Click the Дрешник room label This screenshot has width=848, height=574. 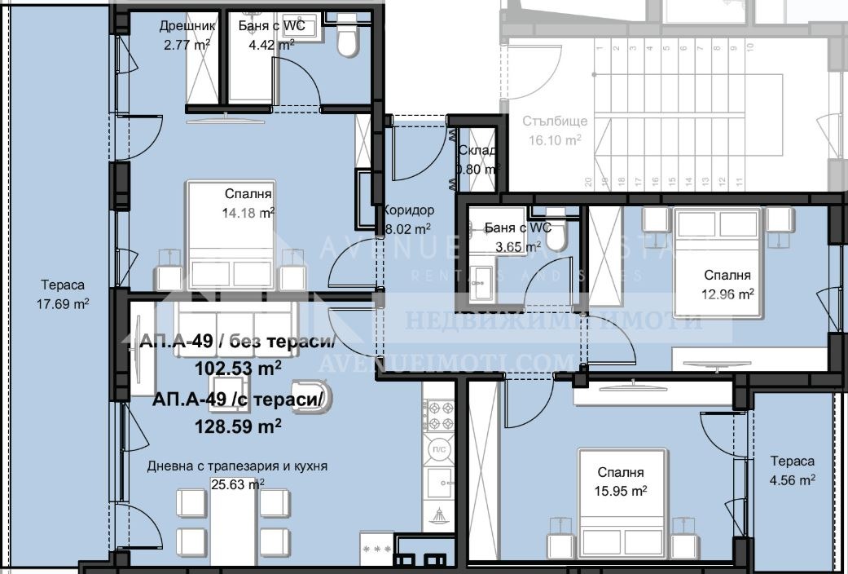point(187,25)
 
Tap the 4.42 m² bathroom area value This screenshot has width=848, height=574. point(271,45)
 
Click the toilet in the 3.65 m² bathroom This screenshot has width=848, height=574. point(557,238)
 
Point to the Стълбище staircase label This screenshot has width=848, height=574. point(556,121)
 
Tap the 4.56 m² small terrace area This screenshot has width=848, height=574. point(793,480)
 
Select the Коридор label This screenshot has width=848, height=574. point(405,210)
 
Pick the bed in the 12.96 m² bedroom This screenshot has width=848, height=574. point(717,261)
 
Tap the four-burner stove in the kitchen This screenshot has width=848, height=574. point(439,414)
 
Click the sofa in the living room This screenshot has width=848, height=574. point(231,318)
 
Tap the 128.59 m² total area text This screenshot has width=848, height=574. point(238,425)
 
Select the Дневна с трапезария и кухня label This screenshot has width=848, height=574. point(237,466)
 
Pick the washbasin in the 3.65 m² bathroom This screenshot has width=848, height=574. point(479,277)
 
